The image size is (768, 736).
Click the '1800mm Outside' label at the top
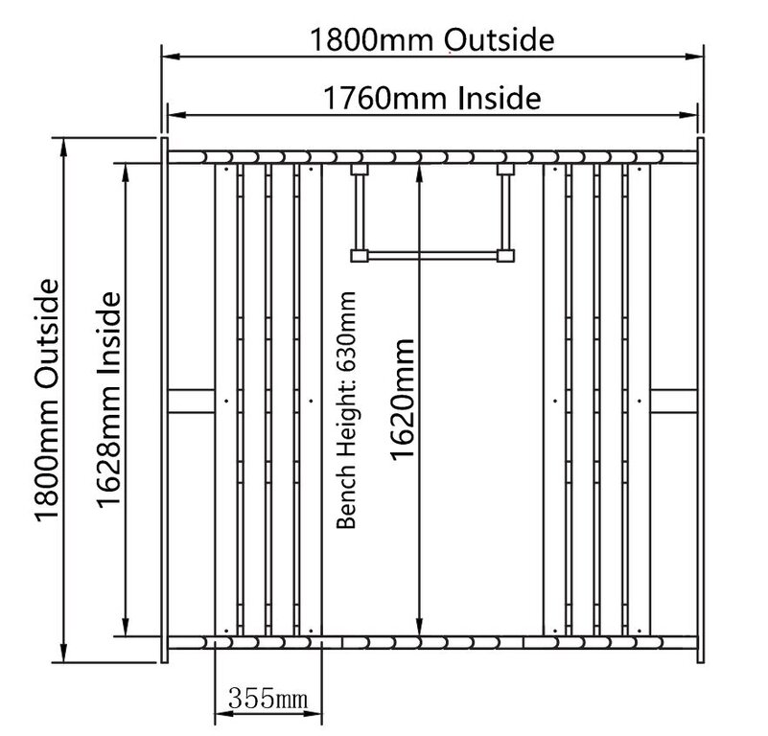point(432,39)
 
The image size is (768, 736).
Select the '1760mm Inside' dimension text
point(432,98)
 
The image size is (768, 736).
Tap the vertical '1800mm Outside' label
point(48,401)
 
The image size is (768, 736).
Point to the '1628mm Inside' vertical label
point(108,400)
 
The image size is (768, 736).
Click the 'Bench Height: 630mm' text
point(346,410)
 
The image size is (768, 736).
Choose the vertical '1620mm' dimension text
point(403,400)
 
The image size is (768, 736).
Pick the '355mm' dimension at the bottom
point(268,699)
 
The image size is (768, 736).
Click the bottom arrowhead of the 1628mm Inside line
point(126,627)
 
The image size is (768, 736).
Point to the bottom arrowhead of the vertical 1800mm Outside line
point(63,653)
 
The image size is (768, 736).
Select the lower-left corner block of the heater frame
point(360,256)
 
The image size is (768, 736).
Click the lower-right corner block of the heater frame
point(505,256)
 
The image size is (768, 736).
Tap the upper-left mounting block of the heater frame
point(360,170)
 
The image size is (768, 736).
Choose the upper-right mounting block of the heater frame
point(505,170)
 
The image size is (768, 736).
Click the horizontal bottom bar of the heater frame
point(432,256)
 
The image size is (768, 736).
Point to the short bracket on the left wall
point(192,401)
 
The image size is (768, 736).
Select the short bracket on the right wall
point(674,401)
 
